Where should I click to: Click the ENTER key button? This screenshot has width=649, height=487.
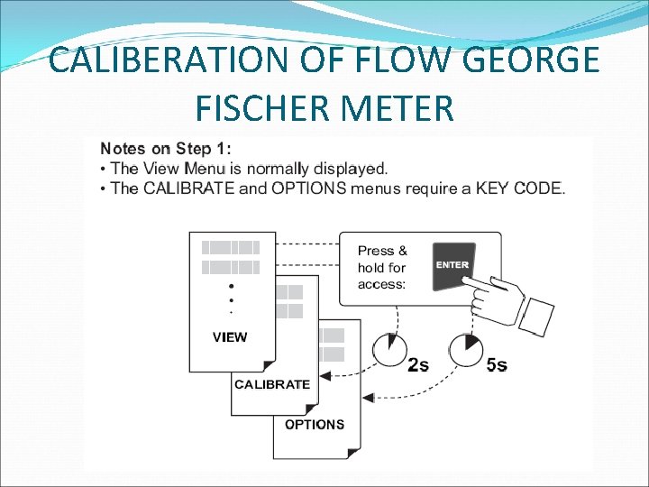(452, 266)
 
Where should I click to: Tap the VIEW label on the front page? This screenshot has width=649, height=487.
(230, 337)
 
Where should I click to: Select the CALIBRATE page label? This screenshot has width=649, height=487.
(272, 384)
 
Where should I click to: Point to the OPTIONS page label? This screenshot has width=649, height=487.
(315, 424)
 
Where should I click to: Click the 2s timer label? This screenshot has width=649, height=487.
(418, 365)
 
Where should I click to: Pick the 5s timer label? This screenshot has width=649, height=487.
(496, 365)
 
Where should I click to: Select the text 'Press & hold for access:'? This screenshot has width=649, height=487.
(382, 267)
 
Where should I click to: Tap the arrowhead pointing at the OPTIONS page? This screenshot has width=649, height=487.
(368, 396)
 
